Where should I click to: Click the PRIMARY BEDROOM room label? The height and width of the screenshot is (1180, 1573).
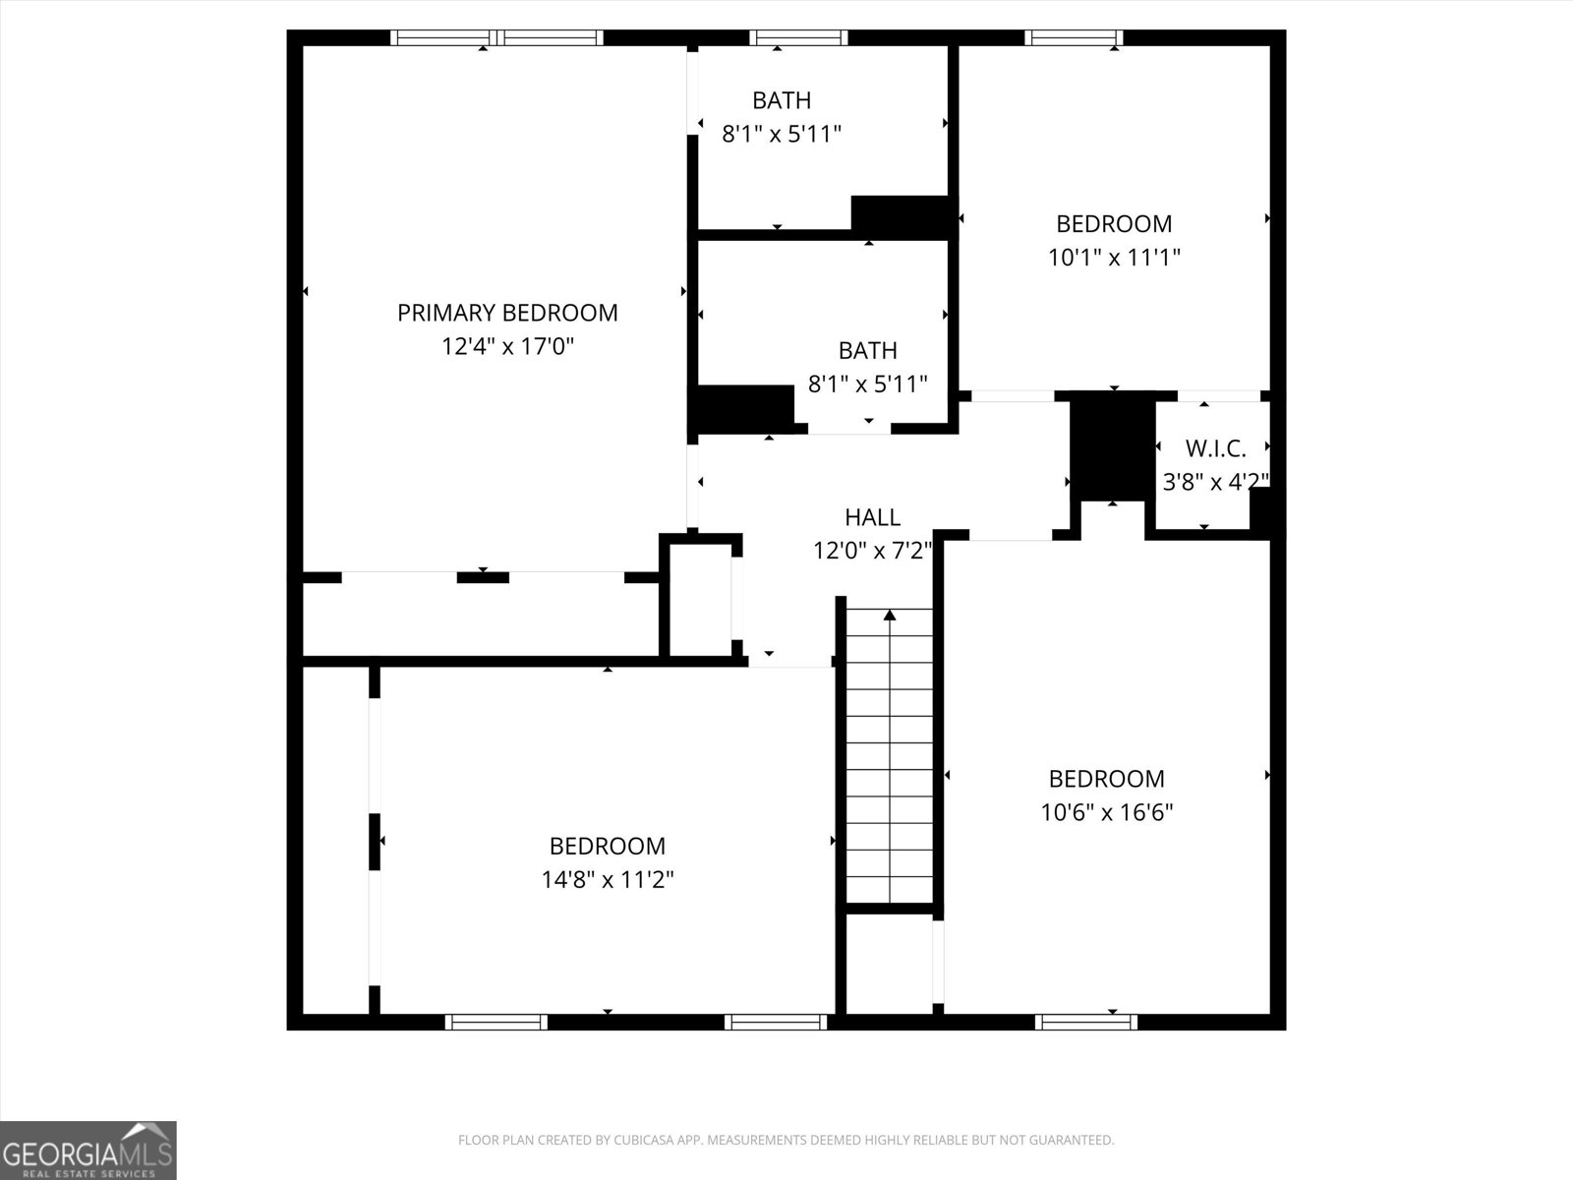(x=507, y=313)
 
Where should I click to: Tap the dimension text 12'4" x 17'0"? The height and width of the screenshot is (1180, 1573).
(x=507, y=346)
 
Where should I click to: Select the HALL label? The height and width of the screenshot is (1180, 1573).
(x=872, y=517)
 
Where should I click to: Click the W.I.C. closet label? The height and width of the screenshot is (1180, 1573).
(x=1215, y=448)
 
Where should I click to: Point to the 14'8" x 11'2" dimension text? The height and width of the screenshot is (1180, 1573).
(x=607, y=879)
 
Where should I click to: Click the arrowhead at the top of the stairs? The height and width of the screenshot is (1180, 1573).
(x=890, y=615)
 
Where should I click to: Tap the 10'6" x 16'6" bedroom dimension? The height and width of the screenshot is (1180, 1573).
(x=1106, y=812)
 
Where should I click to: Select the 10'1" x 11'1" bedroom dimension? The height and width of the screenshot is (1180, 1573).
(x=1114, y=258)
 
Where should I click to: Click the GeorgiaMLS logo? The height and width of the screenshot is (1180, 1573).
(x=88, y=1150)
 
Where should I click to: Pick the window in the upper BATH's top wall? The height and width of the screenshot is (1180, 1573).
(x=797, y=38)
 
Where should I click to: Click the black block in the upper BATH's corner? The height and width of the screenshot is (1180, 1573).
(x=900, y=215)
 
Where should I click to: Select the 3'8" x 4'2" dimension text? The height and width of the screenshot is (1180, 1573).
(x=1215, y=482)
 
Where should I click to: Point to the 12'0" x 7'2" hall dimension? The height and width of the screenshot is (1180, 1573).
(x=872, y=551)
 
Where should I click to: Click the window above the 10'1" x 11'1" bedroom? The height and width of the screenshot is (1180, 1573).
(x=1073, y=38)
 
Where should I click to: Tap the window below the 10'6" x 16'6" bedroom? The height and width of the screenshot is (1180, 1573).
(x=1086, y=1022)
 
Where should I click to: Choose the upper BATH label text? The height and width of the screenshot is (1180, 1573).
(x=782, y=100)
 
